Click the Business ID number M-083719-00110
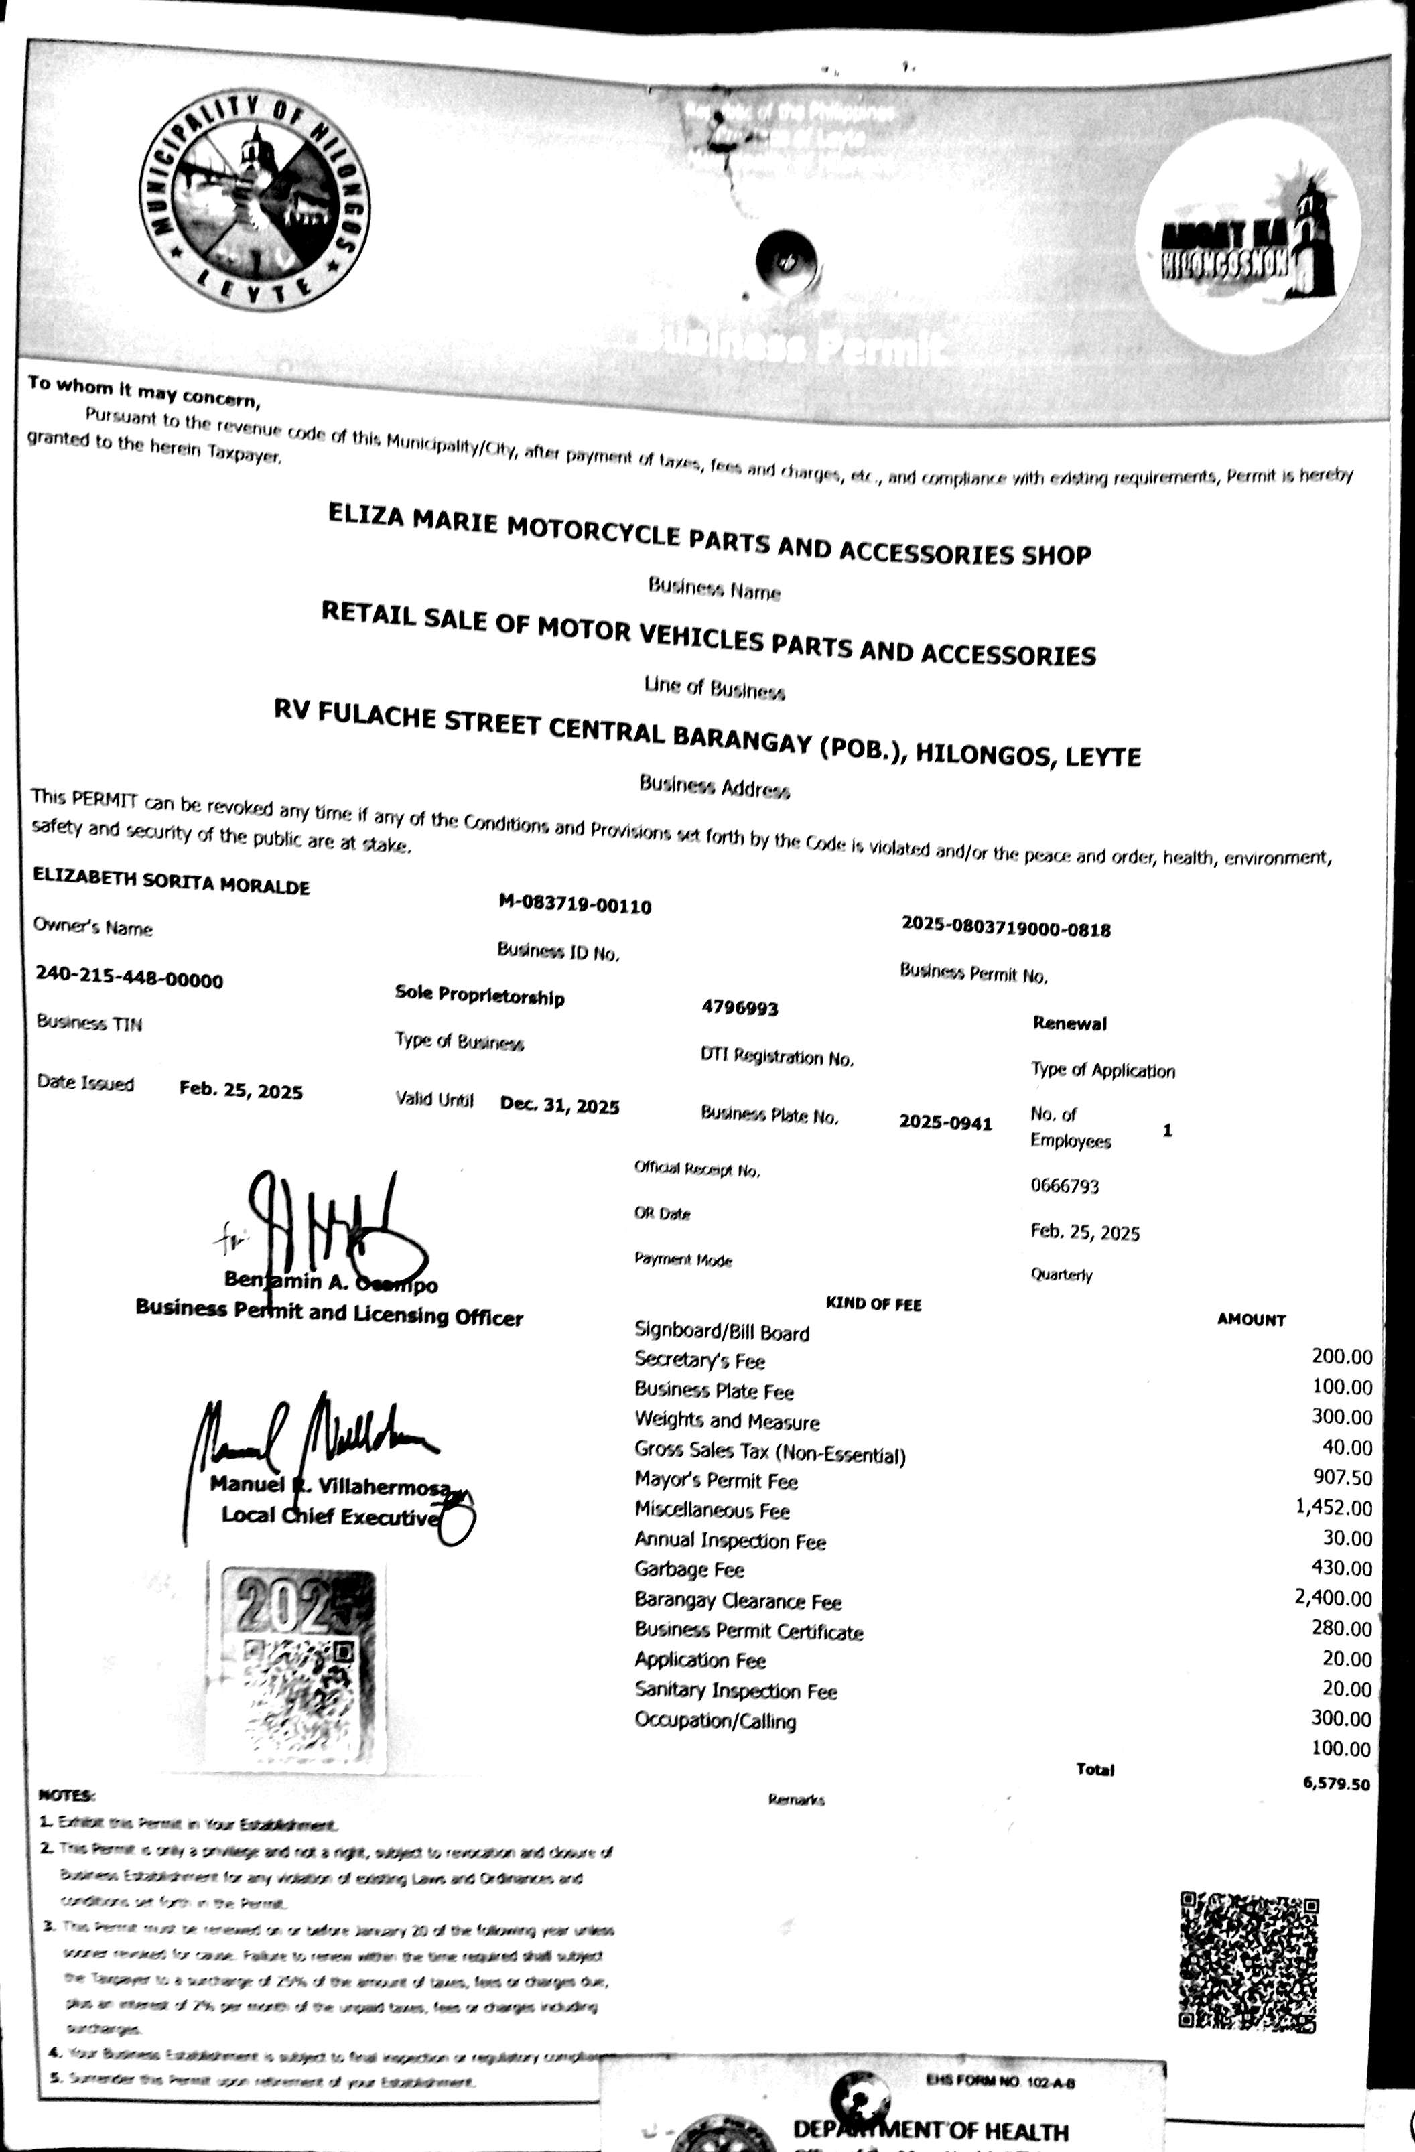pyautogui.click(x=574, y=904)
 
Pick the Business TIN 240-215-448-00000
pyautogui.click(x=129, y=978)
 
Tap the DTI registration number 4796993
pyautogui.click(x=740, y=1008)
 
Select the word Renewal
pyautogui.click(x=1069, y=1024)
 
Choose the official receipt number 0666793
pyautogui.click(x=1064, y=1185)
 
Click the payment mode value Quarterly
pyautogui.click(x=1061, y=1275)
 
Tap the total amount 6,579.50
pyautogui.click(x=1335, y=1784)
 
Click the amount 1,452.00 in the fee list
pyautogui.click(x=1333, y=1507)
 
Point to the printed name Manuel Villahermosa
pyautogui.click(x=334, y=1485)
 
